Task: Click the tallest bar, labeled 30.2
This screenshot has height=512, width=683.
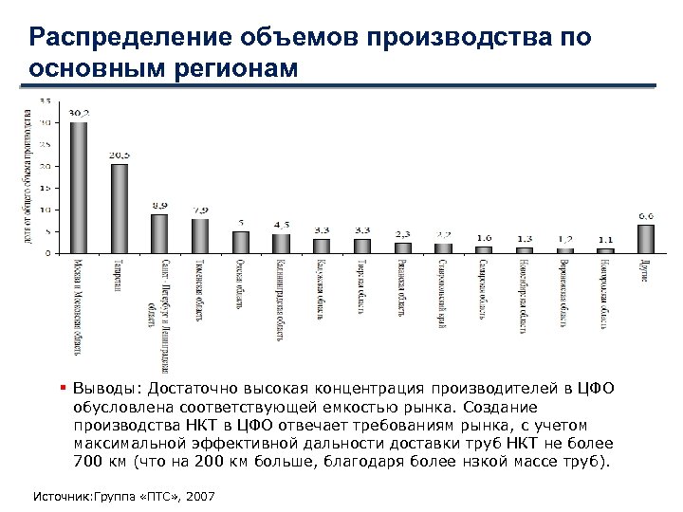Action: [x=79, y=188]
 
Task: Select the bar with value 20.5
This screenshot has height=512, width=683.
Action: [x=120, y=209]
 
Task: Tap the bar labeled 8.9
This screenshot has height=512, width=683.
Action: [x=159, y=234]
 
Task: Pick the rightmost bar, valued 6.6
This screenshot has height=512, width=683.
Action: [x=646, y=239]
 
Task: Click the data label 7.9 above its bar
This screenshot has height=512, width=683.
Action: [x=201, y=210]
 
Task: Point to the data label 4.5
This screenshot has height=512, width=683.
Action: [x=282, y=225]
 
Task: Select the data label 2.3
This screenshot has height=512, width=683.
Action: [x=403, y=233]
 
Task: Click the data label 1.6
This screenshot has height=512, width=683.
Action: [x=484, y=237]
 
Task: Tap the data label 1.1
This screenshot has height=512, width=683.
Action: [x=605, y=239]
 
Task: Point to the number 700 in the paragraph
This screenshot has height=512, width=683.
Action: [x=87, y=463]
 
